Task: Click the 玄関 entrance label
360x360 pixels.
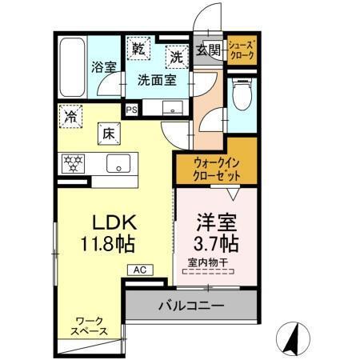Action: [207, 50]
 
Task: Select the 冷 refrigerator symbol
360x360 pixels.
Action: [71, 116]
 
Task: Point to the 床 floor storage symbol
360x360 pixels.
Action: [108, 134]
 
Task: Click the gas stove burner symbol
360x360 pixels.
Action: [74, 163]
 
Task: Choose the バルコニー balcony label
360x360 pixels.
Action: [190, 305]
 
